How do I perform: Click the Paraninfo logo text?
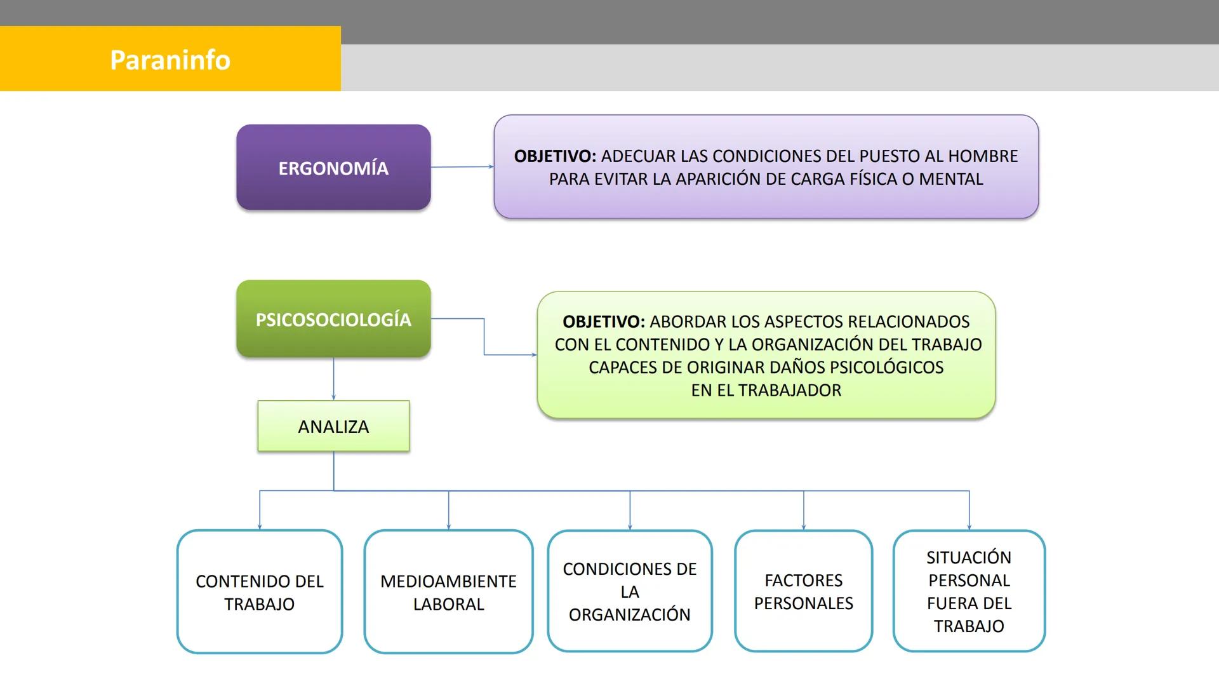pos(170,60)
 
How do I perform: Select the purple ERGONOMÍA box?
pos(333,168)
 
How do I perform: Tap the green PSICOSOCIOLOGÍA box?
pos(333,319)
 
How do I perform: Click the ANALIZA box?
pos(333,426)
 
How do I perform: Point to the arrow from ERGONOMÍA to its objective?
pos(462,167)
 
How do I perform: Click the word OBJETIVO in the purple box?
pos(554,156)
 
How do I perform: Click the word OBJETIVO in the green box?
pos(603,321)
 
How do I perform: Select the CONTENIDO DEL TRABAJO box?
pos(259,592)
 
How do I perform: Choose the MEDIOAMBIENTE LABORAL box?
pos(448,592)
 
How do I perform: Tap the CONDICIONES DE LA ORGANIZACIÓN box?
pos(629,591)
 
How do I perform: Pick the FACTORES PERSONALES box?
pos(803,591)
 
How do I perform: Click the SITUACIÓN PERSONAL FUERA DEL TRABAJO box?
pos(968,591)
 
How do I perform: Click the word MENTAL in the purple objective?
pos(950,179)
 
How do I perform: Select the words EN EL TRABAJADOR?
pos(766,390)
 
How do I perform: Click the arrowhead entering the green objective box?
pos(534,355)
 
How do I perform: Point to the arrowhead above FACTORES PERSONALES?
pos(803,527)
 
